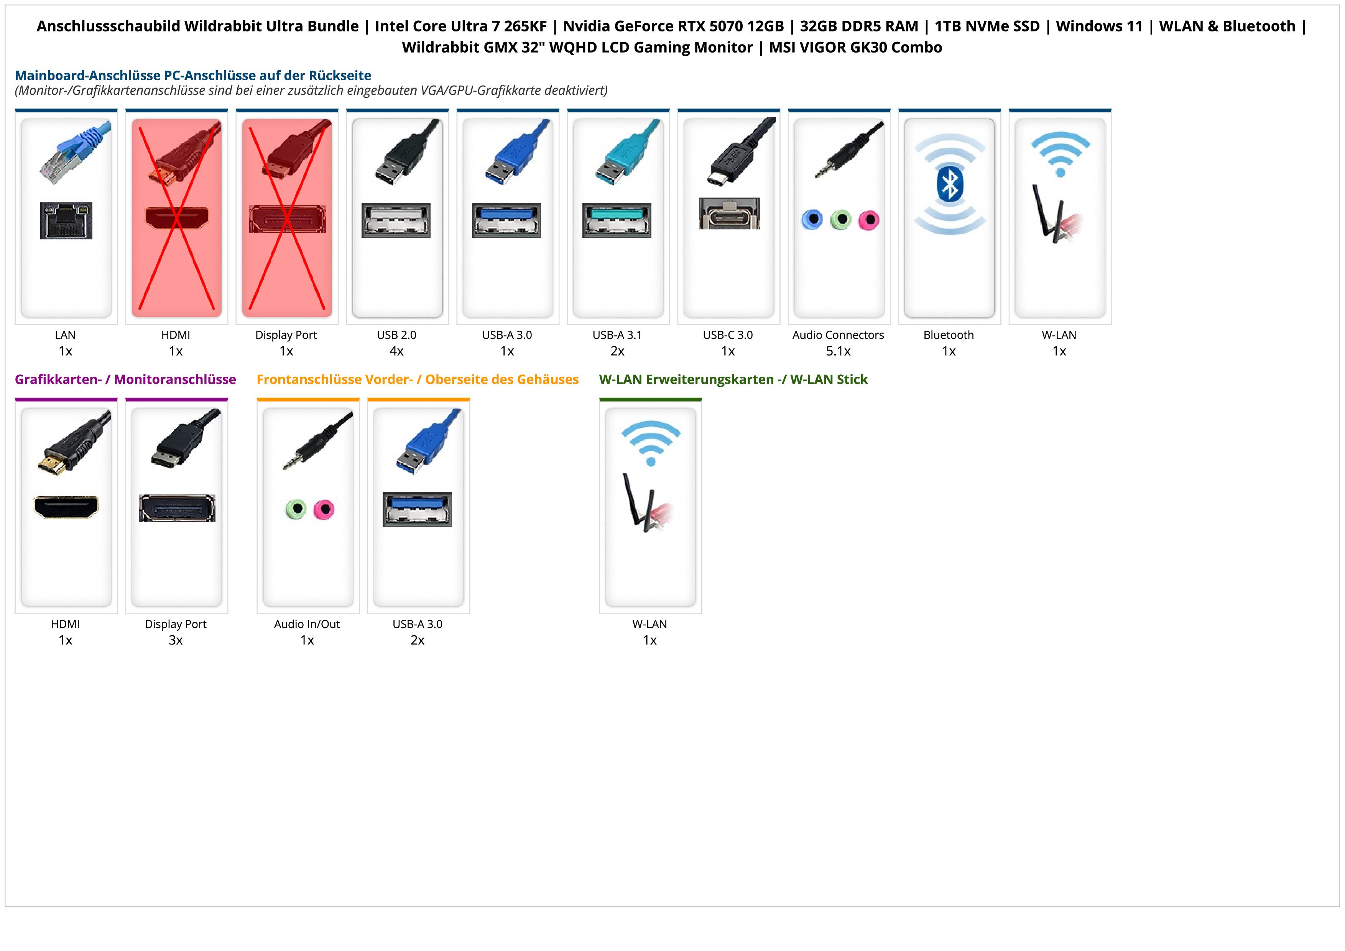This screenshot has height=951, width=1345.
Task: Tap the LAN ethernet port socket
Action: (66, 220)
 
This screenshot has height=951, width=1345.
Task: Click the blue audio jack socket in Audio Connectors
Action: (812, 220)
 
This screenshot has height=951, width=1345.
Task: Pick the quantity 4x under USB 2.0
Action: (396, 351)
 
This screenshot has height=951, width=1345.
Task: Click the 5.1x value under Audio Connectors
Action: (838, 351)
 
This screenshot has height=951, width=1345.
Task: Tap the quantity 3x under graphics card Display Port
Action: (176, 640)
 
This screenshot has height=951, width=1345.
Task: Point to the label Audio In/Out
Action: (307, 624)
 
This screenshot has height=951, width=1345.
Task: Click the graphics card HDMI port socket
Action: (66, 507)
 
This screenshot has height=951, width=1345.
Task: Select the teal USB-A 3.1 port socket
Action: (617, 220)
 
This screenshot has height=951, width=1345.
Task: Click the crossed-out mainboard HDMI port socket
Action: (176, 218)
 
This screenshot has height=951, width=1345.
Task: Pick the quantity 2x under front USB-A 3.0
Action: (418, 640)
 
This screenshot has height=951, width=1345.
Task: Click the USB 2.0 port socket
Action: (396, 220)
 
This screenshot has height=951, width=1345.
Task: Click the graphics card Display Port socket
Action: (177, 508)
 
